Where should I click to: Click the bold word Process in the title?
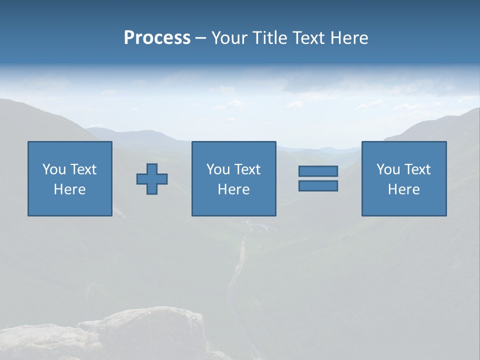click(157, 38)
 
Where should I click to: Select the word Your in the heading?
click(229, 38)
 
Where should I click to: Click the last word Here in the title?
click(350, 38)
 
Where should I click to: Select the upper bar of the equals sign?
click(318, 171)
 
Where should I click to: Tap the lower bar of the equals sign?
click(318, 186)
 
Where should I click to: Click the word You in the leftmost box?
click(54, 169)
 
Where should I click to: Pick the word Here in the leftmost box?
click(69, 189)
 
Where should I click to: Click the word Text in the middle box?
click(247, 169)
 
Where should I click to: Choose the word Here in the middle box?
click(233, 189)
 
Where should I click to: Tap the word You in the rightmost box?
click(388, 169)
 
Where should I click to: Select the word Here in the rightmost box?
click(403, 189)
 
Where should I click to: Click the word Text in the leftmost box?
click(83, 169)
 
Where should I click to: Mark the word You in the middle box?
click(218, 169)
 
